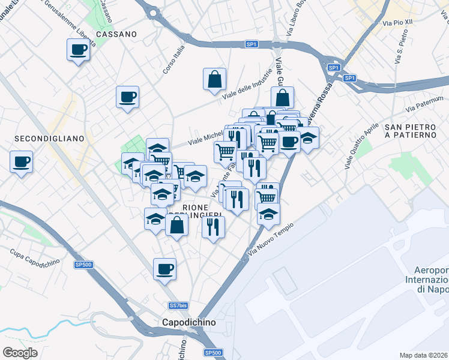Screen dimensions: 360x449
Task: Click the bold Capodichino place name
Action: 189,322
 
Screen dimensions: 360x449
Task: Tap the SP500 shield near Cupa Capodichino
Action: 83,265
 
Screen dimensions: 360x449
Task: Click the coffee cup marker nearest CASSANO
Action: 77,49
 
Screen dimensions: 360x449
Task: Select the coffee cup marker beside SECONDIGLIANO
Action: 21,161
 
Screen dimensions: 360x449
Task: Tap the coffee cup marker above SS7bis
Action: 164,268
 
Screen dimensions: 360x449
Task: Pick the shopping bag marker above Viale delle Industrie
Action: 215,78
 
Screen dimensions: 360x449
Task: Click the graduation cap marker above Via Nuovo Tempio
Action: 268,213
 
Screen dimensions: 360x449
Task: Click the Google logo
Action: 20,352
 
